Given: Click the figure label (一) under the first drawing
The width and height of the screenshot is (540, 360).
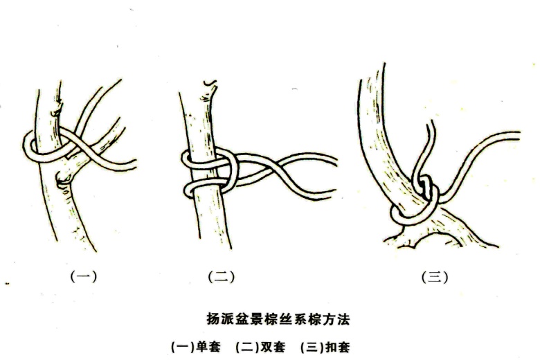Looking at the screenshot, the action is [x=84, y=277].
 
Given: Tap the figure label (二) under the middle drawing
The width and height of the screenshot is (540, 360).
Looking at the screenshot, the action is [x=222, y=277].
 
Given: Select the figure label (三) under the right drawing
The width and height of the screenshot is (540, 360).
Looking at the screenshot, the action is [x=435, y=277].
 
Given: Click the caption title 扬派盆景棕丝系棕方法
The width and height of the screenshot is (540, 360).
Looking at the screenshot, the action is [x=278, y=319].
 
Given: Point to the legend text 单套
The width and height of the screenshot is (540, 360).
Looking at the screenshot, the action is [x=208, y=347].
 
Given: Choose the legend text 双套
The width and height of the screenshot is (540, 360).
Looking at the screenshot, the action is [x=273, y=347].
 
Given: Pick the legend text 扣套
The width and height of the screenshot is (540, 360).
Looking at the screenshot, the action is [x=338, y=347].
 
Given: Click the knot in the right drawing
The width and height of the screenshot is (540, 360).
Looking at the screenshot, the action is [x=427, y=188].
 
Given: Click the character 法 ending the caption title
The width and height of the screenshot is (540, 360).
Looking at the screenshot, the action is [x=343, y=319].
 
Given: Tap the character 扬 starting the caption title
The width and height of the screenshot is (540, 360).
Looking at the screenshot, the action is [x=213, y=319].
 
